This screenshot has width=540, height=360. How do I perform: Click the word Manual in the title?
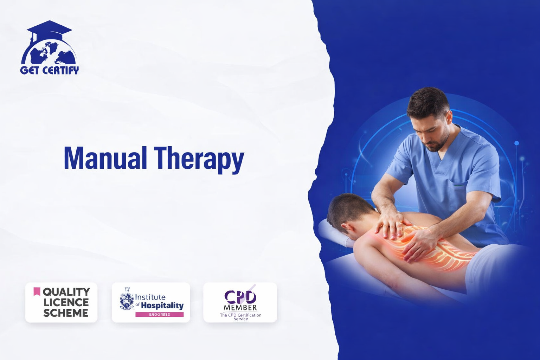105,159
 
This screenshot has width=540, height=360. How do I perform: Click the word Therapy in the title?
199,160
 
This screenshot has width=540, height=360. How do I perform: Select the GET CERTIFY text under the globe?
50,70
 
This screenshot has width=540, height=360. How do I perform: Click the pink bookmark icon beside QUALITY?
37,291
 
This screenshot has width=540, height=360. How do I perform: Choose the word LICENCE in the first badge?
66,302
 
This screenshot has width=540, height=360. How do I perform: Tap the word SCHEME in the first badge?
66,313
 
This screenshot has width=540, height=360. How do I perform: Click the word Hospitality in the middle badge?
162,306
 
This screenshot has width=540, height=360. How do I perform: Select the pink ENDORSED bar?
160,314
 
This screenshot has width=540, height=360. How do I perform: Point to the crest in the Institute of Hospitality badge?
127,298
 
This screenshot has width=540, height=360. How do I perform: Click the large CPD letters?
240,297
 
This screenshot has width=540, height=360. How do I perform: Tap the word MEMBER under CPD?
240,308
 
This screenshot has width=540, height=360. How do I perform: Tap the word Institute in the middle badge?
150,297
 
